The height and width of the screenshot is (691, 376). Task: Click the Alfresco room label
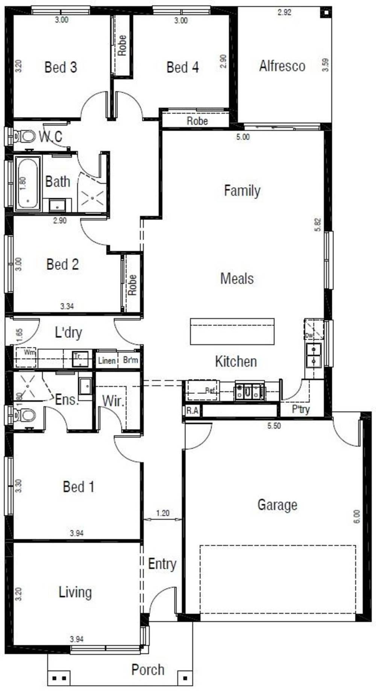click(282, 66)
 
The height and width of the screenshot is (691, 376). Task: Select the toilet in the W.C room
click(25, 136)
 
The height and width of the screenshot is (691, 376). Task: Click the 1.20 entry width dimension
click(163, 513)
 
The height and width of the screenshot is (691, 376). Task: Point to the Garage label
click(277, 505)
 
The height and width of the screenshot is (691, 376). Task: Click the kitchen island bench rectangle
click(232, 331)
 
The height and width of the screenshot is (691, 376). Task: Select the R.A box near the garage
click(192, 410)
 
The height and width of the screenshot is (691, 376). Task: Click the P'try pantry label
click(300, 409)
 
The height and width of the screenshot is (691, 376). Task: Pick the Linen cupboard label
click(106, 361)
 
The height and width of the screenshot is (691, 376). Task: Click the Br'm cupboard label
click(130, 361)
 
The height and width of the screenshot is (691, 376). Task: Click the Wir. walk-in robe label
click(113, 401)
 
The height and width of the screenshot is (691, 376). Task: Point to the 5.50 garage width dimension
click(274, 426)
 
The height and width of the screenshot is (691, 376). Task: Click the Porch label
click(148, 670)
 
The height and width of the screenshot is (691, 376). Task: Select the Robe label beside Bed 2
click(132, 285)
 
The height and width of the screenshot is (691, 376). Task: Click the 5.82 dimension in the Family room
click(318, 225)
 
